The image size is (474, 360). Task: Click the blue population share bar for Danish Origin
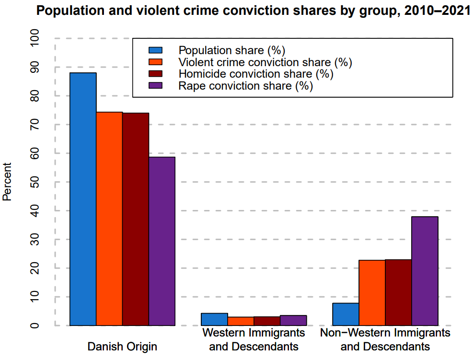(x=83, y=199)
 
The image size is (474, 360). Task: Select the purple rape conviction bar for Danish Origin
(x=162, y=241)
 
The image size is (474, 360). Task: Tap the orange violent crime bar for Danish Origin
(x=109, y=219)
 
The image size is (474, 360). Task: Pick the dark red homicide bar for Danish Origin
(x=136, y=219)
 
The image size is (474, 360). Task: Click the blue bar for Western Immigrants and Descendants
(x=214, y=319)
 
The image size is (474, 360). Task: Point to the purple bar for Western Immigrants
(x=293, y=320)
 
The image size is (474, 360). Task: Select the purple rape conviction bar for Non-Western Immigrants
(x=425, y=271)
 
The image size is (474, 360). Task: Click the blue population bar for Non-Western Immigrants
(x=346, y=314)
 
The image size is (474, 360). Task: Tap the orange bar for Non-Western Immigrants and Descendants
(x=372, y=293)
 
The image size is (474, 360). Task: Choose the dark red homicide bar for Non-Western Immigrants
(x=398, y=292)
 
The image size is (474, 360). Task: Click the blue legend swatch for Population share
(x=156, y=50)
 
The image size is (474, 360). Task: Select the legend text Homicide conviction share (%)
(x=255, y=74)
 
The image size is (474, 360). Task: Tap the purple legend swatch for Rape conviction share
(x=156, y=86)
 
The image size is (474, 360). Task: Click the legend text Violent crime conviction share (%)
(x=265, y=62)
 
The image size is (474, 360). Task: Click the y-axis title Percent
(x=7, y=182)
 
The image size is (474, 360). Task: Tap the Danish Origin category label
(x=122, y=346)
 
